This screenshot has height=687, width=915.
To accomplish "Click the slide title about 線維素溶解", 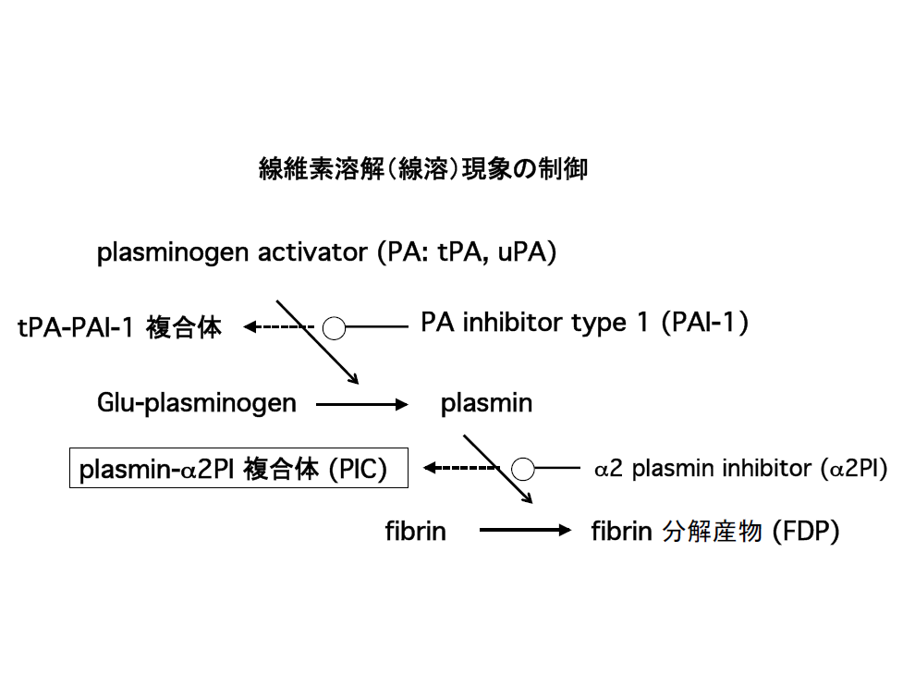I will pyautogui.click(x=422, y=169).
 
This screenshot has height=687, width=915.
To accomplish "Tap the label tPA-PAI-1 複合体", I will pyautogui.click(x=120, y=327).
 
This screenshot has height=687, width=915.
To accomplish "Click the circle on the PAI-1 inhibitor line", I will pyautogui.click(x=334, y=327).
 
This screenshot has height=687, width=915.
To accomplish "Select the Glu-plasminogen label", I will pyautogui.click(x=196, y=403).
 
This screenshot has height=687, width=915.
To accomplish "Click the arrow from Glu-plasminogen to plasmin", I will pyautogui.click(x=360, y=404).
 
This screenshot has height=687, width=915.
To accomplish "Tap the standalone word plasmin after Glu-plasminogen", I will pyautogui.click(x=486, y=403).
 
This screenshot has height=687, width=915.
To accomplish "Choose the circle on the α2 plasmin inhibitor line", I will pyautogui.click(x=523, y=469).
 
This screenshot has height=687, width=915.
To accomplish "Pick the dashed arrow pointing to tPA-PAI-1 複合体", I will pyautogui.click(x=278, y=326).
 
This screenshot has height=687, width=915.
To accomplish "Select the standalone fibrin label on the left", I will pyautogui.click(x=415, y=532).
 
